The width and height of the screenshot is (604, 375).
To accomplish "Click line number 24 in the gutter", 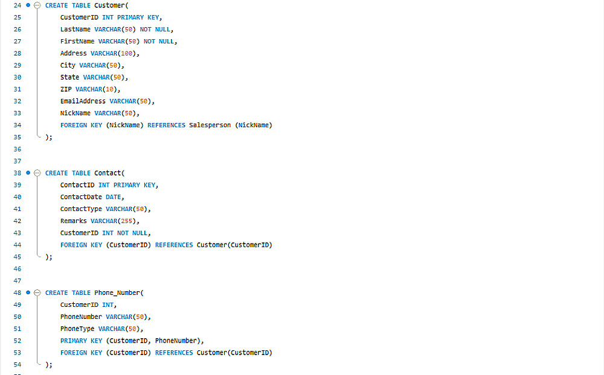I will pos(17,5).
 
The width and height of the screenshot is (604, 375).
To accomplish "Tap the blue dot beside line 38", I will pos(28,173).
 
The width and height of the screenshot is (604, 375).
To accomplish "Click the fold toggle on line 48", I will pos(37,293).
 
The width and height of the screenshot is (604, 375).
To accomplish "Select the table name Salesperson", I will pos(210,125).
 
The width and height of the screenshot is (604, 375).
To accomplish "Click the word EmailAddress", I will pos(83,101).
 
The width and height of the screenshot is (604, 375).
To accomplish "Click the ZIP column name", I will pos(66,89).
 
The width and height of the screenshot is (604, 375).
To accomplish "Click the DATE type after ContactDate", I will pos(113,197).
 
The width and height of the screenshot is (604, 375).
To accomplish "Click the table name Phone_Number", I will pos(118,293).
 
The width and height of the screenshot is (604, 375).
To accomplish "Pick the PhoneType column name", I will pos(77,329).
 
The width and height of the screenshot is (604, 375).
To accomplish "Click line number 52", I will pos(17,341).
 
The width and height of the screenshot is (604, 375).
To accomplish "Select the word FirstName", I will pos(77,41).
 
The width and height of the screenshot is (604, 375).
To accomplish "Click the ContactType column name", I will pos(81,209).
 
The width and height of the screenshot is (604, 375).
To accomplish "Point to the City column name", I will pos(68,65).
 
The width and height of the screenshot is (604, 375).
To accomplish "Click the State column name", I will pos(69,77).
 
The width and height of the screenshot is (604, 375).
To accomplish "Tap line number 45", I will pos(17,257).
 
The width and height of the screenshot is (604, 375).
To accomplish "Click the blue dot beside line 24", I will pos(28,5).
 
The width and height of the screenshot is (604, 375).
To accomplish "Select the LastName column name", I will pos(75,29).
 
